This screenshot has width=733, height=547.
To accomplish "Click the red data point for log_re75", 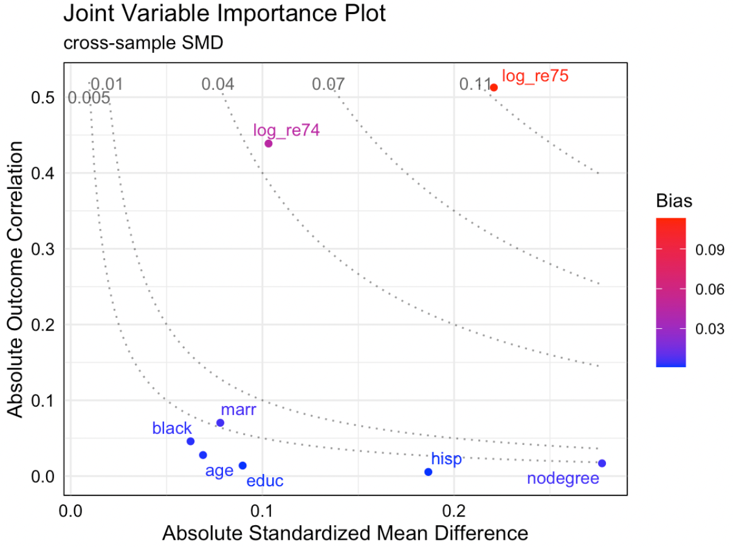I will [x=494, y=88].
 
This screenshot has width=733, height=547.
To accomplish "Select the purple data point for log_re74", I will [x=269, y=143].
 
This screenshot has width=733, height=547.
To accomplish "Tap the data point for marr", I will [x=220, y=423].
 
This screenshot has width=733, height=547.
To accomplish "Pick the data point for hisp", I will [x=428, y=472].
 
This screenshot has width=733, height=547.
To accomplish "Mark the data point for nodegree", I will [x=602, y=463].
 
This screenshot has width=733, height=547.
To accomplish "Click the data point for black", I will [x=190, y=441].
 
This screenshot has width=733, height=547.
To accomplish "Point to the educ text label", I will [x=265, y=481].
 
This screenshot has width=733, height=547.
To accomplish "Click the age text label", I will [x=219, y=470].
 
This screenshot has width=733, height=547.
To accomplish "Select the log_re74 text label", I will [x=286, y=130].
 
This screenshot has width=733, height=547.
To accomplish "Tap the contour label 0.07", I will [x=329, y=84].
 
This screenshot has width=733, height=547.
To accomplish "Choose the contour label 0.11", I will [x=475, y=84].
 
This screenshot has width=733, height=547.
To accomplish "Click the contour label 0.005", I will [x=89, y=98].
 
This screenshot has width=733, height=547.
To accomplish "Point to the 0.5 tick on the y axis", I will [x=44, y=98].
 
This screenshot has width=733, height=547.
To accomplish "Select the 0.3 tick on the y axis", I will [x=44, y=249].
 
